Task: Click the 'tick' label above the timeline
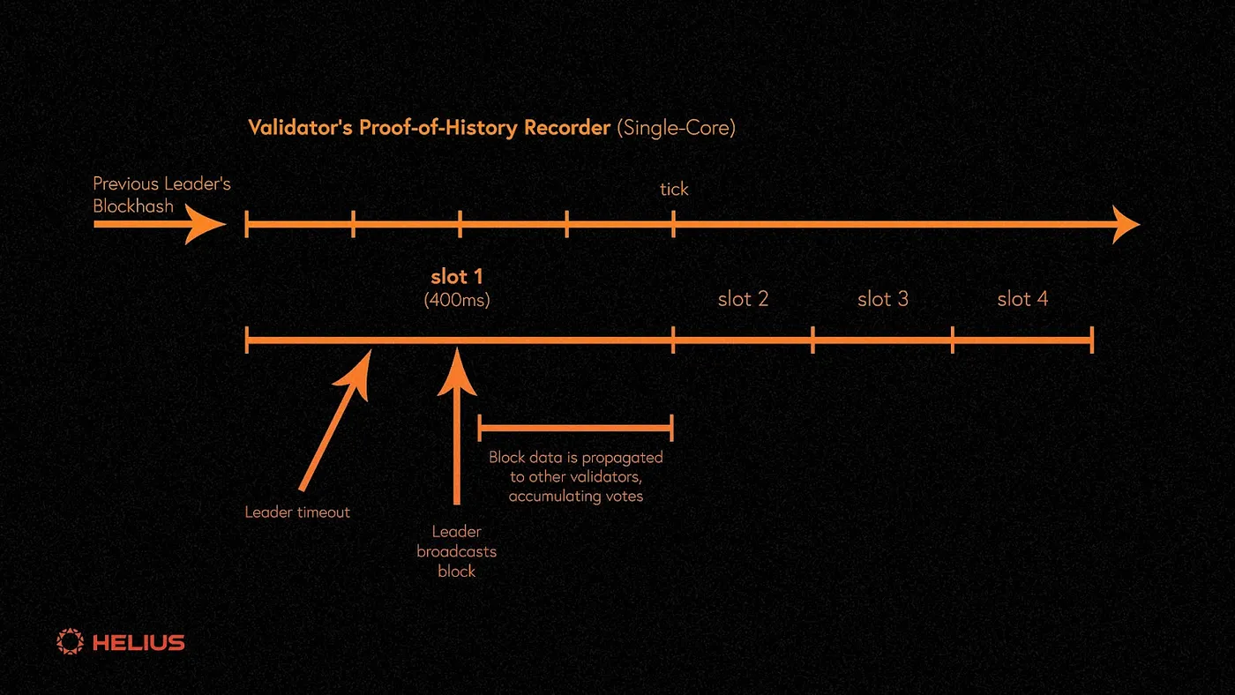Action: [674, 190]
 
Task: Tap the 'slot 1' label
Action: [457, 276]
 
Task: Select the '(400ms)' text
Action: [457, 299]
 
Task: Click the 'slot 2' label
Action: [743, 299]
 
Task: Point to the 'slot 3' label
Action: [882, 299]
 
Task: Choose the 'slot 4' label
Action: [1022, 299]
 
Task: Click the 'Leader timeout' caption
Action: [297, 512]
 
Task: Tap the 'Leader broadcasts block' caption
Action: [456, 551]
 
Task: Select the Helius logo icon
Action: [69, 641]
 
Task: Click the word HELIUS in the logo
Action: [138, 642]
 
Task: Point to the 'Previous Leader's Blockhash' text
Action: [161, 195]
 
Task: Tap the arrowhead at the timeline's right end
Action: [1126, 225]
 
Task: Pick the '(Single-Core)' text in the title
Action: [676, 128]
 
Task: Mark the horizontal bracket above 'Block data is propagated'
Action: [575, 428]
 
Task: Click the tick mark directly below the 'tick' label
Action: [673, 225]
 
